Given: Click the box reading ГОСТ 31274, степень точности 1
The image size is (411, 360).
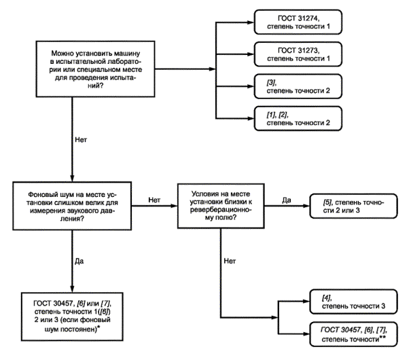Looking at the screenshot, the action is point(298,22).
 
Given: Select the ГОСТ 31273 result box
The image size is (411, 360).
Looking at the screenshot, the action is point(298,54).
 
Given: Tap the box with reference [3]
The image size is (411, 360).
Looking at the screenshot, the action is point(298,86).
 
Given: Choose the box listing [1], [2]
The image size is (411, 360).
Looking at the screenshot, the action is point(298,118).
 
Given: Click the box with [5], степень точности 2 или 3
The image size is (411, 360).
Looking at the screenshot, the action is point(353,206).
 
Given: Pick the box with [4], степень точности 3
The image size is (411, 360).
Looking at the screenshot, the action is point(353,302).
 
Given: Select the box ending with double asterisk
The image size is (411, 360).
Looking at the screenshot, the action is point(353,334).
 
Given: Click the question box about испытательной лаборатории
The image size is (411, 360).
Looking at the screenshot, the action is point(95,69).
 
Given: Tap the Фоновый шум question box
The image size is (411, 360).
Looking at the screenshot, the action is point(72,206).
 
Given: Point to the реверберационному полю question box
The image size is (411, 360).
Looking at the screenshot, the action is point(221,206).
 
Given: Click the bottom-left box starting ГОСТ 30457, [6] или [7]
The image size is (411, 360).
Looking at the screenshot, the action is point(72,317).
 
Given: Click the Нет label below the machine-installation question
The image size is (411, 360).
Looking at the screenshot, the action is point(81,140).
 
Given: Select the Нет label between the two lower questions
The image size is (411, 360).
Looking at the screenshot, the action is point(154,200).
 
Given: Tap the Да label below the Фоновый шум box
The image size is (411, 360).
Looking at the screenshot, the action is point(79,262).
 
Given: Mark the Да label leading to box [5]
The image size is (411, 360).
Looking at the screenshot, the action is point(287,200).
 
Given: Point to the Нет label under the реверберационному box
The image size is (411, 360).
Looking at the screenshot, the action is point(230,261).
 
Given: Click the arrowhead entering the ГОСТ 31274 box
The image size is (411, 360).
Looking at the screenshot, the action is point(251,22).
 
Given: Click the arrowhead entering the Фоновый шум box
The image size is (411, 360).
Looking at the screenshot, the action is point(72,178).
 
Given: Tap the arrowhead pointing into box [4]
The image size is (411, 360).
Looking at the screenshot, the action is point(306,302).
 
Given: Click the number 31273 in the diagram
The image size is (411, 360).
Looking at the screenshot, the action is point(308,50).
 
